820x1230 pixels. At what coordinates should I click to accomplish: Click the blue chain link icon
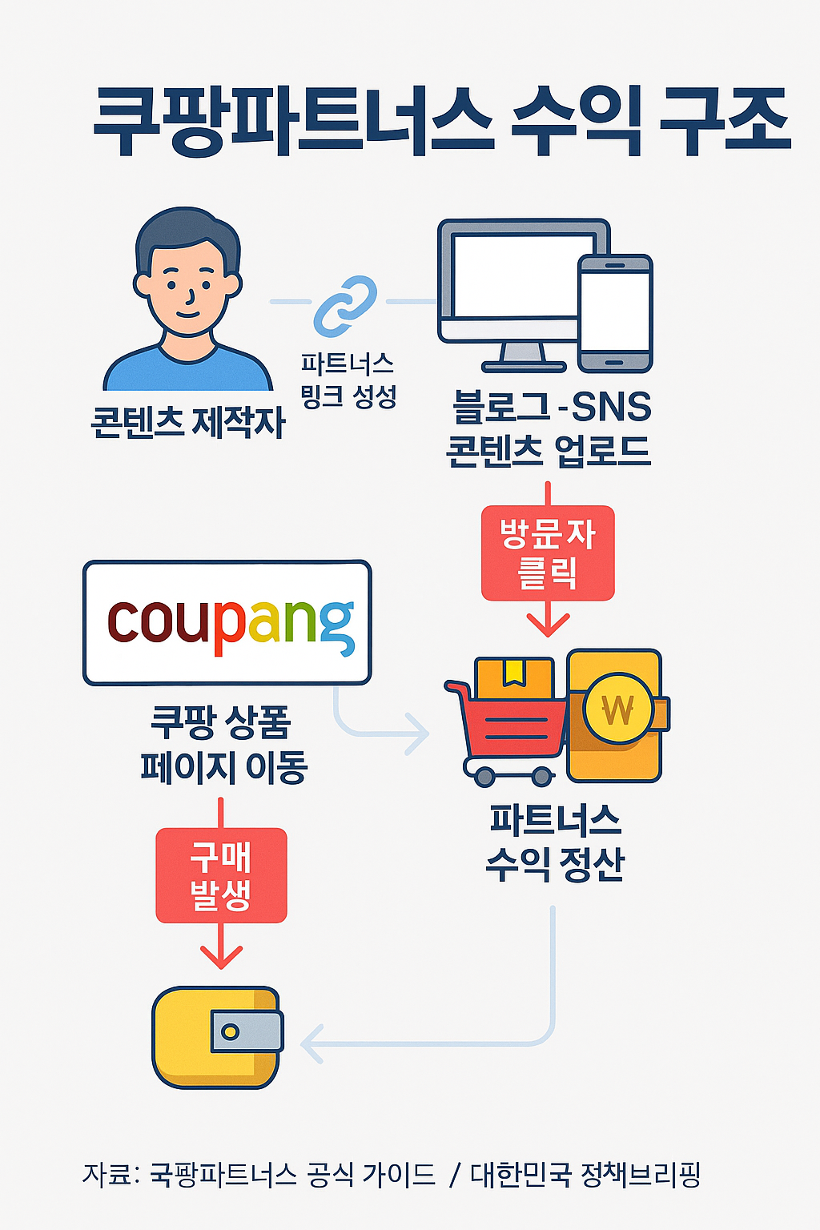[345, 305]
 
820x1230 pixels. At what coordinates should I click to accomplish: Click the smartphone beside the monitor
[615, 312]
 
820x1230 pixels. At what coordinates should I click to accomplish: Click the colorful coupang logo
[227, 623]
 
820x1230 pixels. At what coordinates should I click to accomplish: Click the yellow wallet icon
[216, 1037]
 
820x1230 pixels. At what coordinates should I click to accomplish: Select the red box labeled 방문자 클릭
[548, 553]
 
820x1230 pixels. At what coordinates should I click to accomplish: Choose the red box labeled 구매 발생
[221, 875]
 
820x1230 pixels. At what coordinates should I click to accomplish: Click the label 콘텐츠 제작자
[189, 422]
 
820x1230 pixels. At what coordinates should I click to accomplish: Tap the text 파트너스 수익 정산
[555, 842]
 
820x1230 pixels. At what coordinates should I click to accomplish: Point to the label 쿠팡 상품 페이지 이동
[223, 745]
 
